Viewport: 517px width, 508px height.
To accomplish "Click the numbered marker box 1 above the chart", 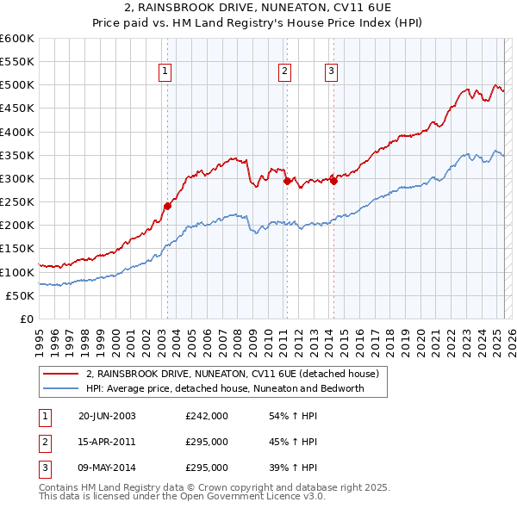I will (164, 71).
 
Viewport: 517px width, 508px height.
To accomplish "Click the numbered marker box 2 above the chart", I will (283, 71).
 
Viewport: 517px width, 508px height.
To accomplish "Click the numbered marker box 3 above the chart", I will (331, 71).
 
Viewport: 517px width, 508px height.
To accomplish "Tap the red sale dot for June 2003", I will (167, 206).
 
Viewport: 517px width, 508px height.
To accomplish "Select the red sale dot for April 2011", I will (286, 181).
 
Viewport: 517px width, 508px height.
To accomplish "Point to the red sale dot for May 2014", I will (333, 181).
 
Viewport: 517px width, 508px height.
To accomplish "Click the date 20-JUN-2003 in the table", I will (107, 417).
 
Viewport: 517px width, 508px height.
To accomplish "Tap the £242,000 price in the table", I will (207, 417).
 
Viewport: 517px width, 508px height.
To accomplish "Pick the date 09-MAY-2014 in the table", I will (108, 468).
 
